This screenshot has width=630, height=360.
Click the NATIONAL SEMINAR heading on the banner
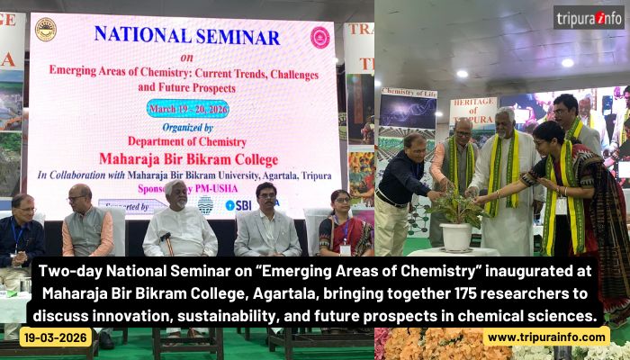coord(186,37)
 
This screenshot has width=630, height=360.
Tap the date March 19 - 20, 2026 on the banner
coord(187,107)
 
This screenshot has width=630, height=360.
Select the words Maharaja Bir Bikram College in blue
coord(187,157)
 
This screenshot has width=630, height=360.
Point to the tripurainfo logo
coord(588,18)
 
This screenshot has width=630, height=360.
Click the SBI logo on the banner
coord(238,205)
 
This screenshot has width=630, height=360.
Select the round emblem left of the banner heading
coord(45,30)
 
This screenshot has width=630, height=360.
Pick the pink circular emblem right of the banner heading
coord(319,37)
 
